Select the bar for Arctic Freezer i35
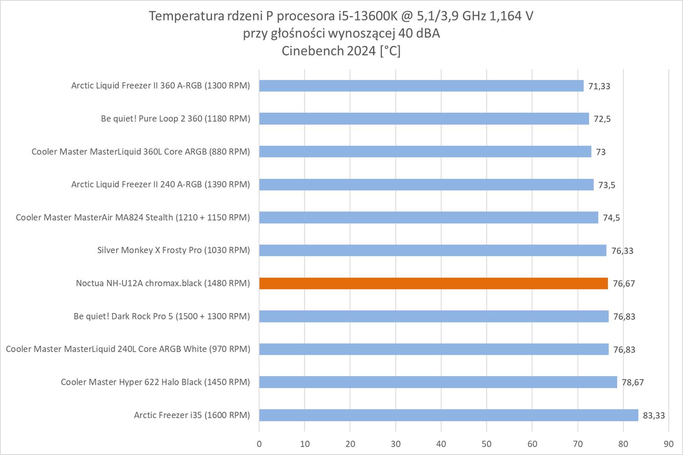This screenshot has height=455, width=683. pos(449,415)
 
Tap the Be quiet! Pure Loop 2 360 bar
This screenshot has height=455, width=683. pos(424,119)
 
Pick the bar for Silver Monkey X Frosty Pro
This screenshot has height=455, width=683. pos(433,250)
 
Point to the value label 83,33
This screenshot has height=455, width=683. pos(653,415)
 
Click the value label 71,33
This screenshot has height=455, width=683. pos(599,86)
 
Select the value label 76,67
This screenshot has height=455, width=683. pos(624,283)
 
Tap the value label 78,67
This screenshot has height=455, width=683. pos(632,382)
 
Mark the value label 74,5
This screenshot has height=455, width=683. pos(611,217)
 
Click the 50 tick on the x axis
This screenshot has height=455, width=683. pos(487,444)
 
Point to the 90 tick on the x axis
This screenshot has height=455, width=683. pos(668,444)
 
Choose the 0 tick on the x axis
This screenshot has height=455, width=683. pos(259,444)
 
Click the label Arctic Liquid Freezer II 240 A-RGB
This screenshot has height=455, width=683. pos(160,184)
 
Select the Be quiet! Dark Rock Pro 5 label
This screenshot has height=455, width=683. pos(162,316)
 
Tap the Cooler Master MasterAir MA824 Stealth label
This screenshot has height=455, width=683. pos(133,217)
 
